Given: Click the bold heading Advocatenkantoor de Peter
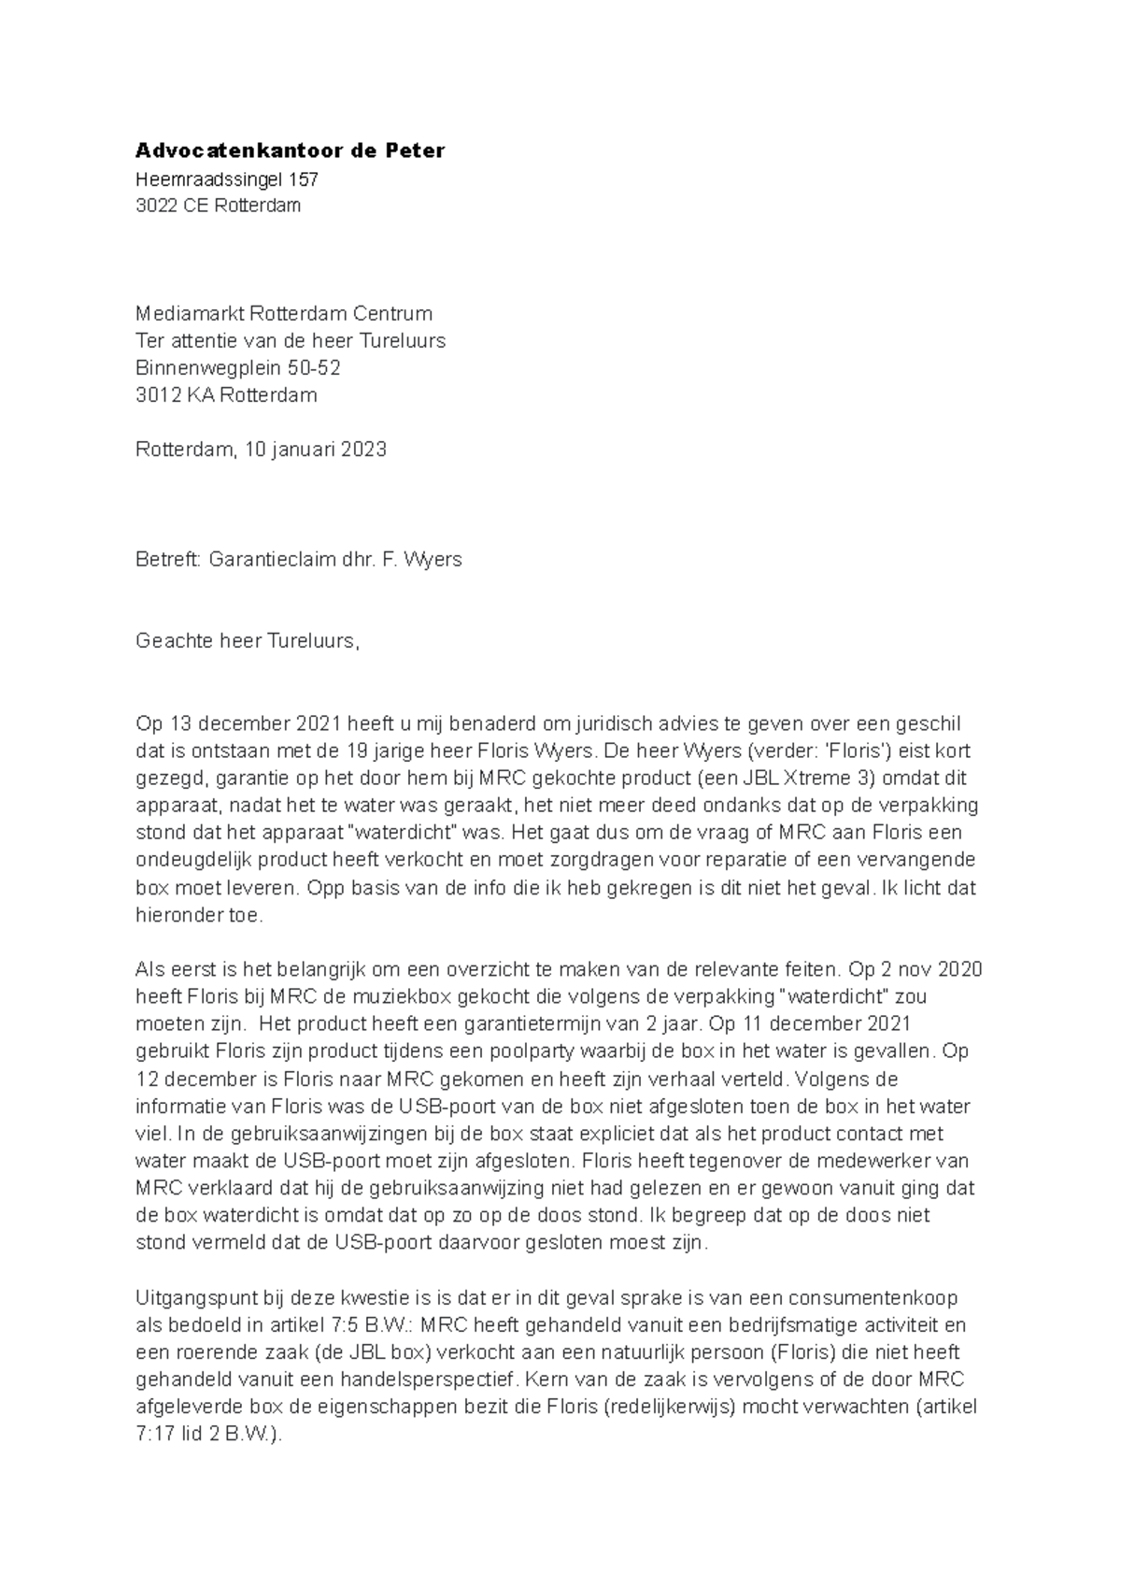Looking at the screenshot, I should [x=290, y=150].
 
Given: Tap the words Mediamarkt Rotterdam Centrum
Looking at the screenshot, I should [x=284, y=313].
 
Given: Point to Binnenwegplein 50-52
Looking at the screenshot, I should [x=238, y=367].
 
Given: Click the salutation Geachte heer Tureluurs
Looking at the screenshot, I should [x=247, y=641].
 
